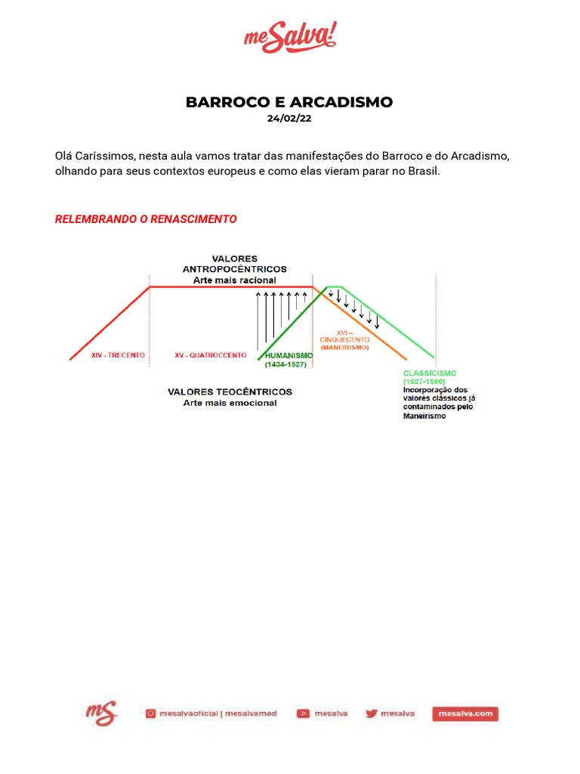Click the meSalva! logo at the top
(x=290, y=37)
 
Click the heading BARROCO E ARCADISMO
(x=289, y=102)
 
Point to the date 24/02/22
(x=289, y=118)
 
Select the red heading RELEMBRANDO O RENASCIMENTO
(x=146, y=219)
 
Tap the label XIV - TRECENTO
(x=117, y=354)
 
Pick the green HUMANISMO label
(x=288, y=355)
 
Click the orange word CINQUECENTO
(x=344, y=340)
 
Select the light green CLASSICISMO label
(x=430, y=373)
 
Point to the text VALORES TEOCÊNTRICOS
(x=230, y=392)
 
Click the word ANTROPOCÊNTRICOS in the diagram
(x=234, y=269)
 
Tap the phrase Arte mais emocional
(x=230, y=404)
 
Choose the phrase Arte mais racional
(x=234, y=280)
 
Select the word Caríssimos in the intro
(x=104, y=156)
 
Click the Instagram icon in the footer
(x=150, y=713)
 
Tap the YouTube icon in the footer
(x=303, y=713)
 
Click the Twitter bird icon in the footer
(x=371, y=713)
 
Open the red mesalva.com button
(x=465, y=713)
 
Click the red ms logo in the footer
(x=100, y=712)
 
